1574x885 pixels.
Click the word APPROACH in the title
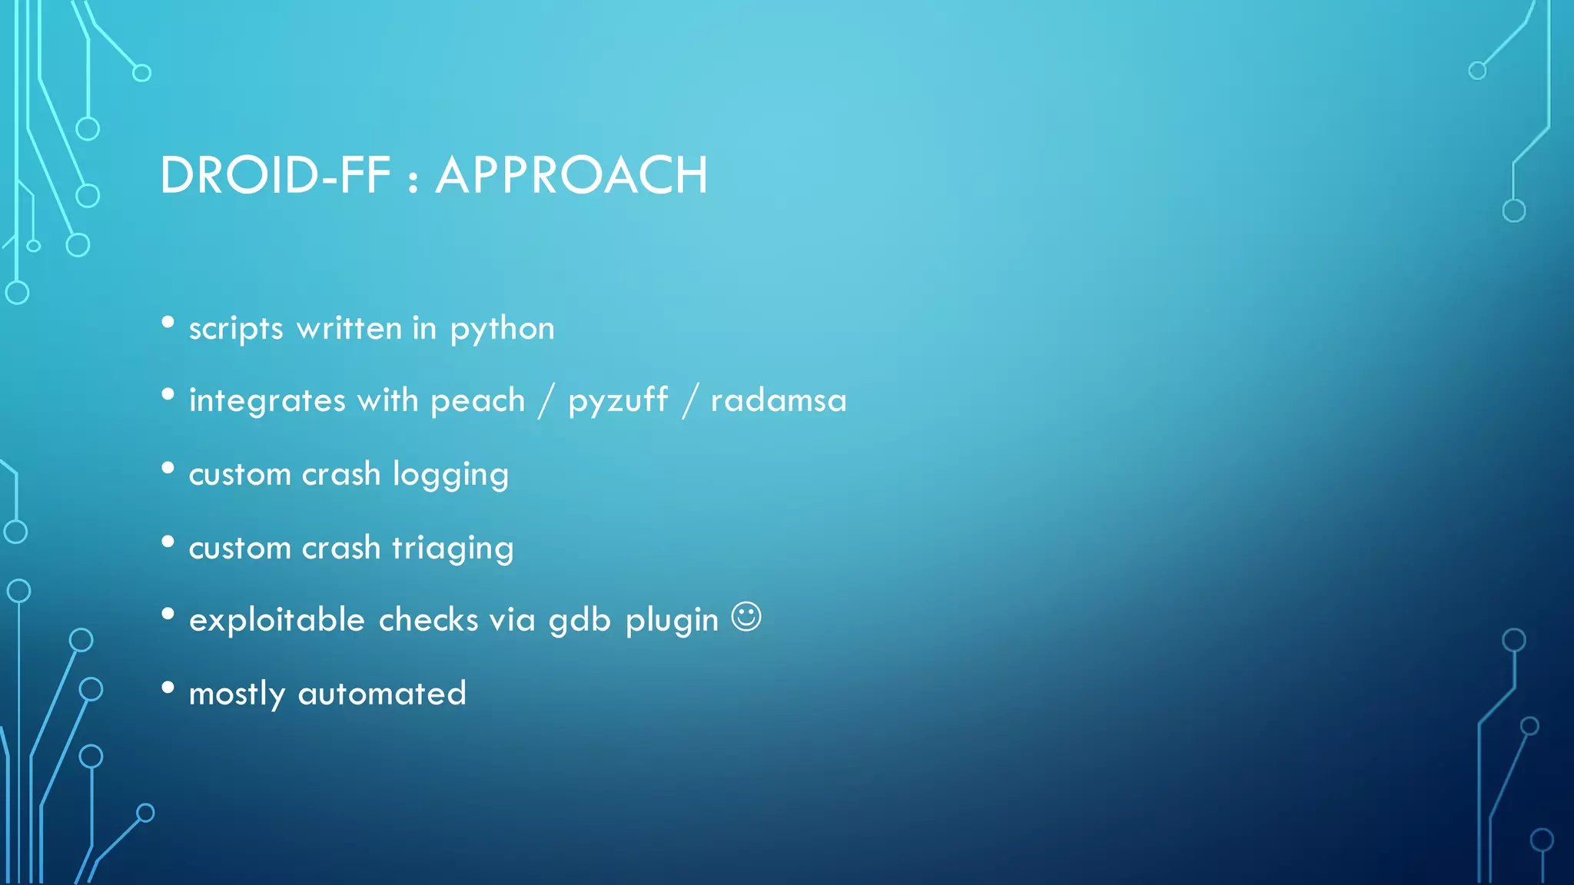pyautogui.click(x=571, y=175)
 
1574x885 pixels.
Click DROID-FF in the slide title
pyautogui.click(x=275, y=175)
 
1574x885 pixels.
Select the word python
pyautogui.click(x=502, y=330)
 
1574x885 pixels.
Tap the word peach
pyautogui.click(x=477, y=400)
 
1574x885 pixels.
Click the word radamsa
pyautogui.click(x=778, y=400)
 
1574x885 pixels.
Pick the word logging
pyautogui.click(x=450, y=475)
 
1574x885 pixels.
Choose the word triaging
pyautogui.click(x=453, y=549)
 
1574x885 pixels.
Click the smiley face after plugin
pyautogui.click(x=745, y=617)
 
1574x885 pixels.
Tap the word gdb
pyautogui.click(x=579, y=620)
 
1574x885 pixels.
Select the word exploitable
pyautogui.click(x=277, y=620)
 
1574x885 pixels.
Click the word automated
pyautogui.click(x=382, y=694)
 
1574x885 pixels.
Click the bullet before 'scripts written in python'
pyautogui.click(x=168, y=322)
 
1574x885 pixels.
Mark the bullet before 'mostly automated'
pyautogui.click(x=168, y=688)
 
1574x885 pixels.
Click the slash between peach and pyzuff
pyautogui.click(x=546, y=401)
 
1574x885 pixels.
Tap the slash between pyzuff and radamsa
pyautogui.click(x=689, y=401)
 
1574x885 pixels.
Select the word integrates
pyautogui.click(x=267, y=401)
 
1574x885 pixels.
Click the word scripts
pyautogui.click(x=236, y=330)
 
